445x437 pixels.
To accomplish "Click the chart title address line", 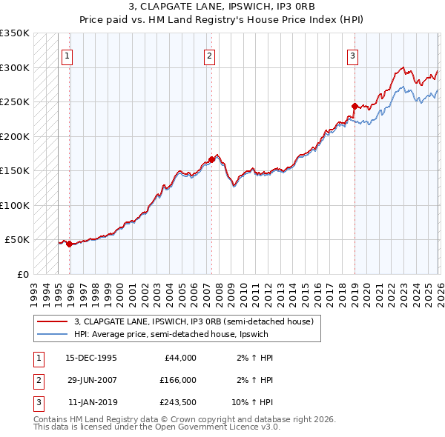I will click(222, 7).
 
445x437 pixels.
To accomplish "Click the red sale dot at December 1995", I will click(70, 244).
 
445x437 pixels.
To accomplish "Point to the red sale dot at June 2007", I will click(212, 159).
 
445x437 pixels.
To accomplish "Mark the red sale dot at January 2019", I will click(355, 106).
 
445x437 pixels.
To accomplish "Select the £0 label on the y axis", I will click(23, 274).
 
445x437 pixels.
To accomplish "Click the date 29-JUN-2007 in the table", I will click(91, 379).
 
